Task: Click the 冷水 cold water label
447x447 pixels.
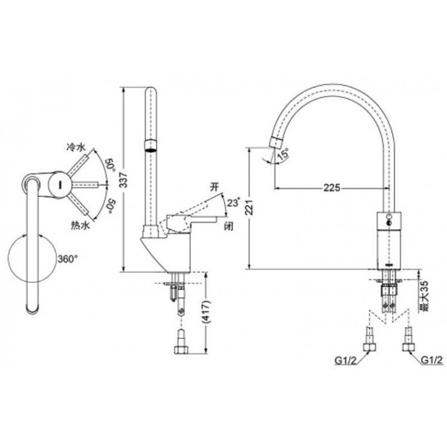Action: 76,147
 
